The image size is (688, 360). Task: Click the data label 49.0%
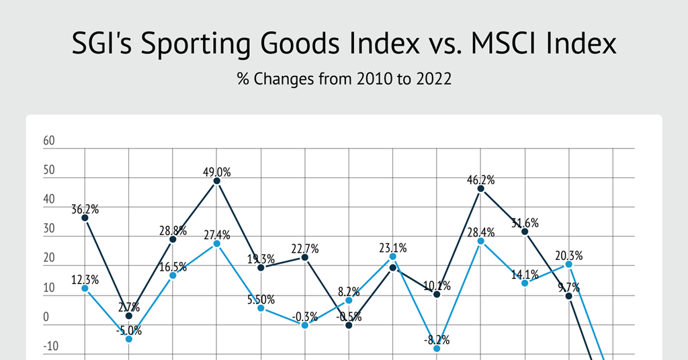(x=216, y=172)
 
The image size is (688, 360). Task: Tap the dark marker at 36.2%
(x=85, y=218)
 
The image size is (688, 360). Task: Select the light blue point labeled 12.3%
(x=85, y=288)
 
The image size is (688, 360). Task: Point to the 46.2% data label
(x=480, y=180)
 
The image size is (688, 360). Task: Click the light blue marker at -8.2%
(x=437, y=349)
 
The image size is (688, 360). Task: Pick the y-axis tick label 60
(x=48, y=142)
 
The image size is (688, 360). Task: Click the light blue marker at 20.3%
(x=569, y=264)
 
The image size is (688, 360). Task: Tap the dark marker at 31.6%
(x=525, y=232)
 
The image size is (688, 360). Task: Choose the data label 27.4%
(x=216, y=235)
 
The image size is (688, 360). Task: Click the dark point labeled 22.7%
(x=305, y=257)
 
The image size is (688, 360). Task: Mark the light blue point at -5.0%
(x=129, y=339)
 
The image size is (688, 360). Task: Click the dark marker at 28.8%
(x=173, y=239)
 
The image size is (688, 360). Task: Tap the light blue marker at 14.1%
(x=525, y=283)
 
